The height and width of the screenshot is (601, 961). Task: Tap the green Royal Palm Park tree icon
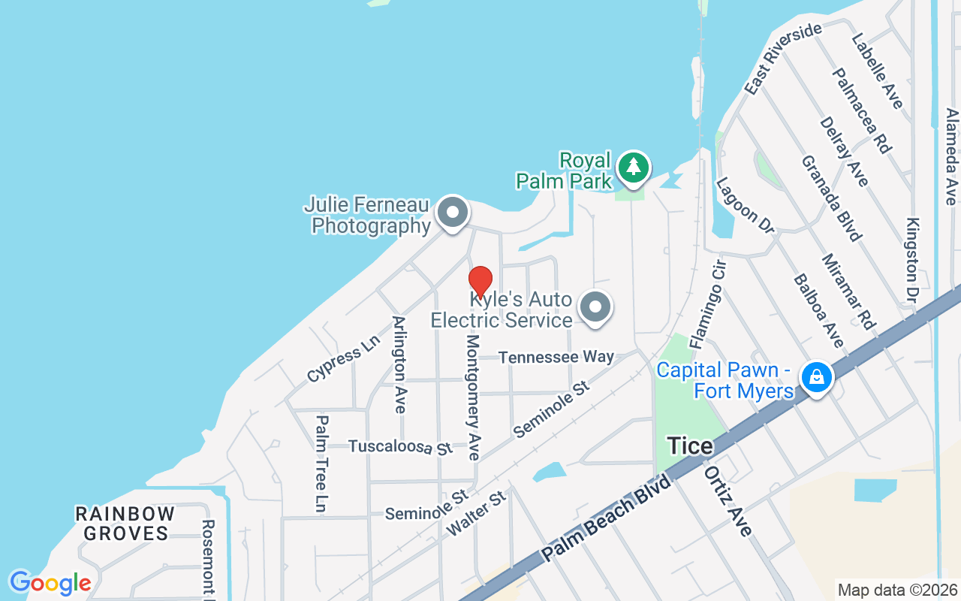click(x=634, y=168)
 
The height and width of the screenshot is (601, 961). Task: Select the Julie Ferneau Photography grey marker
click(x=452, y=213)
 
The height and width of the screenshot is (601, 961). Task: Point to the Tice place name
click(x=690, y=446)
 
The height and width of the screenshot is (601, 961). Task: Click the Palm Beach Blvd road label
click(x=607, y=518)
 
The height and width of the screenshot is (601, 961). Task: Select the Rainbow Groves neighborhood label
click(x=125, y=524)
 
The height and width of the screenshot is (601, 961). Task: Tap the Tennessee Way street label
click(x=556, y=357)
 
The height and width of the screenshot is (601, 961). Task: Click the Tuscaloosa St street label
click(x=401, y=447)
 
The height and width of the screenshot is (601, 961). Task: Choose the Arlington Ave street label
click(x=399, y=364)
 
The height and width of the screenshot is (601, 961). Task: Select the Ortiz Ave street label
click(x=728, y=500)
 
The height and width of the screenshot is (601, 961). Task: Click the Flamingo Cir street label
click(x=708, y=304)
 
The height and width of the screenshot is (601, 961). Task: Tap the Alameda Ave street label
click(x=951, y=156)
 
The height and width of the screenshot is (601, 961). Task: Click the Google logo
click(x=50, y=583)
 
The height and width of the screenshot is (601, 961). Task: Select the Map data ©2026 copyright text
click(x=898, y=590)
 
